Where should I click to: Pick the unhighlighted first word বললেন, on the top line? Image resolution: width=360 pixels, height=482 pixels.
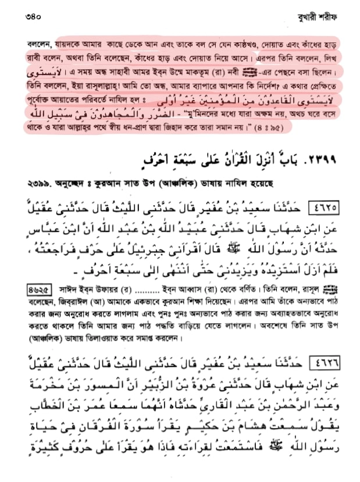(x=39, y=44)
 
